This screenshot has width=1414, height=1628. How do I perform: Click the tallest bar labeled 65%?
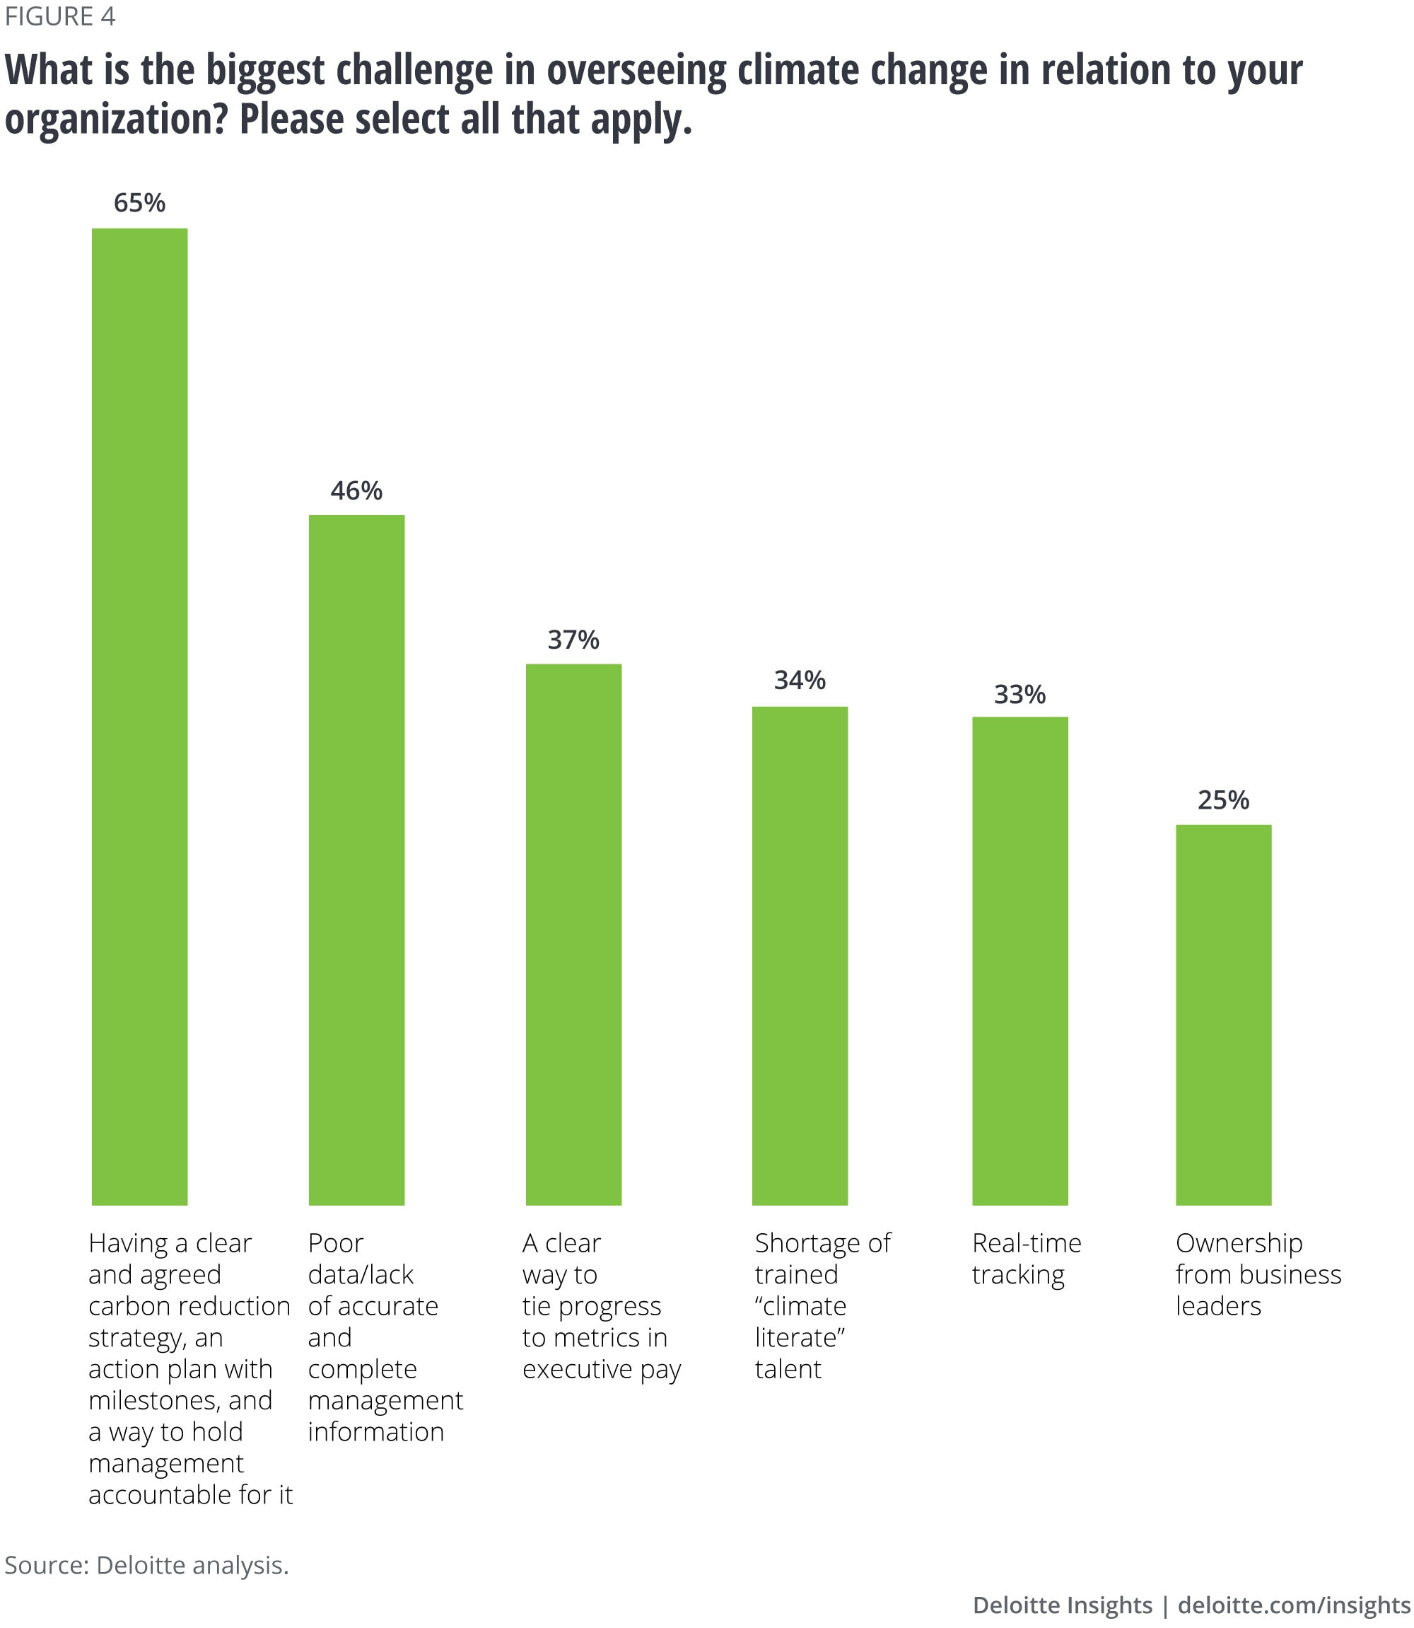pos(140,716)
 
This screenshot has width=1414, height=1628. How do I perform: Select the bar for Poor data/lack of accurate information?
pos(356,860)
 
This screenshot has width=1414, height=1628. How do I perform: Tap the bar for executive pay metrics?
pos(573,934)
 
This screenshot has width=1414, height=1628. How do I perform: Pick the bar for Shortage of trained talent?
pos(800,955)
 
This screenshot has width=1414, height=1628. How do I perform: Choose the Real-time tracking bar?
pos(1019,961)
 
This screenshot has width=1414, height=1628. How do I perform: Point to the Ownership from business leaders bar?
pos(1223,1015)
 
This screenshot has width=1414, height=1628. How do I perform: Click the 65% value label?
pos(140,204)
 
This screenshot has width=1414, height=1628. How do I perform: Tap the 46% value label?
pos(356,491)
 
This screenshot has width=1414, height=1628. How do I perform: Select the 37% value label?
pos(573,640)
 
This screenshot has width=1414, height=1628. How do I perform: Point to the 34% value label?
pos(800,681)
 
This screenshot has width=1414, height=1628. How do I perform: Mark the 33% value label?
pos(1019,695)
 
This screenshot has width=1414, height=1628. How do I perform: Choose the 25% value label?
pos(1223,801)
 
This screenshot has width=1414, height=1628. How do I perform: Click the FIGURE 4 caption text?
pos(60,16)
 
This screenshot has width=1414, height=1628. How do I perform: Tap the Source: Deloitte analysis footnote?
pos(147,1565)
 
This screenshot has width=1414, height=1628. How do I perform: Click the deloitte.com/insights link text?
pos(1293,1605)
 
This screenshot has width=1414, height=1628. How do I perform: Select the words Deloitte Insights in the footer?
pos(1062,1605)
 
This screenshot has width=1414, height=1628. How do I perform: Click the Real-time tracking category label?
pos(1026,1259)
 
